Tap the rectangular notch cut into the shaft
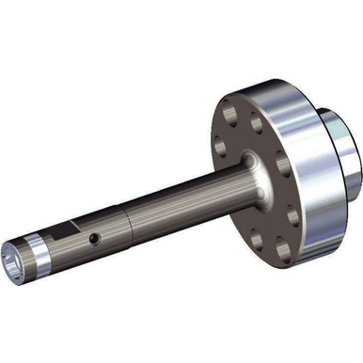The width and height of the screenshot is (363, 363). tap(68, 229)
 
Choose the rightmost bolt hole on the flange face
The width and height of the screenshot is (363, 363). tap(293, 214)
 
